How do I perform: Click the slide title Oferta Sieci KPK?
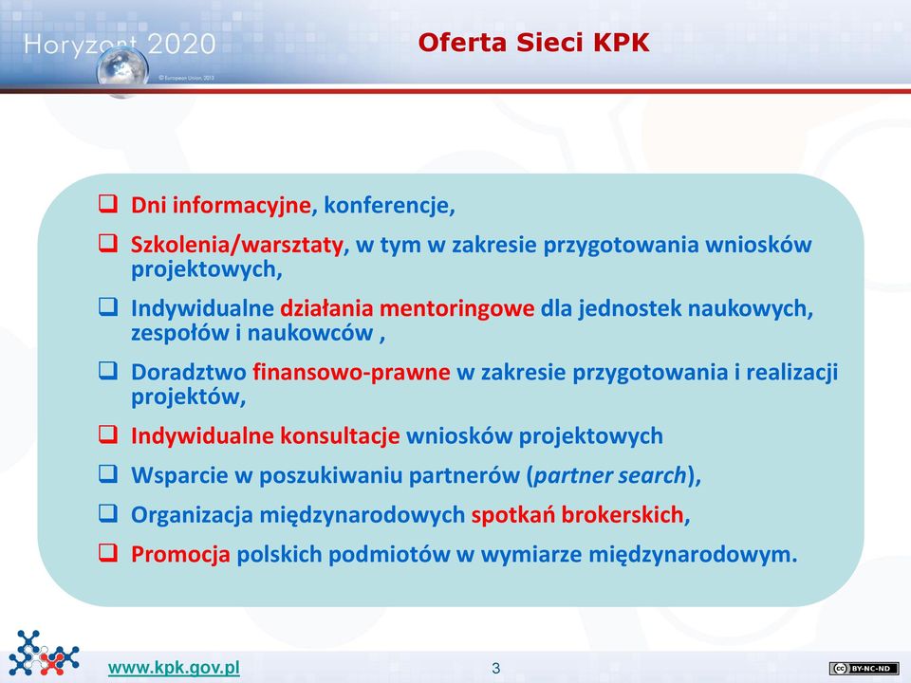533,43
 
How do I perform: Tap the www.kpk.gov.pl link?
174,668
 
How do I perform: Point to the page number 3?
495,669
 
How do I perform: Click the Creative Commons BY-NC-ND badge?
864,669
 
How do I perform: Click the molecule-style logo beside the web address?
45,653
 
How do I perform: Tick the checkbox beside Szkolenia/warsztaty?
108,243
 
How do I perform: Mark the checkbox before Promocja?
108,552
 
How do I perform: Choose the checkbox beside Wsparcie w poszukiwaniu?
108,473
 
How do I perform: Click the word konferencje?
386,205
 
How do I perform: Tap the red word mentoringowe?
456,308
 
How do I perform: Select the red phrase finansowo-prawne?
351,372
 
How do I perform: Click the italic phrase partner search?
610,475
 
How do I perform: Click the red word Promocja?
180,555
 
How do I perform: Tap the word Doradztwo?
189,372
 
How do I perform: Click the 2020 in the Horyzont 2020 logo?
181,45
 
